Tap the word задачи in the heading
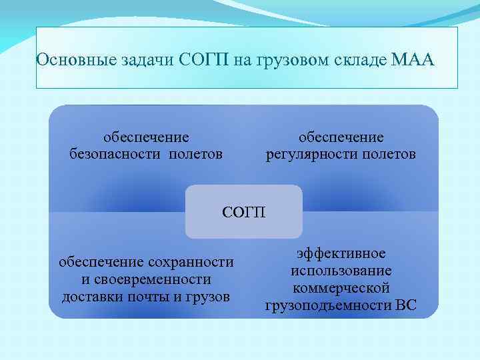coord(139,61)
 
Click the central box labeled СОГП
coord(243,213)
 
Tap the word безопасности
coord(114,155)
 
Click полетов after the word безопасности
coord(195,155)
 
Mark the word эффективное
coord(341,254)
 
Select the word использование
coord(341,271)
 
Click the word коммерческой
coord(341,289)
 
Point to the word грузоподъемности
coord(326,306)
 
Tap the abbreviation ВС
coord(404,306)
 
